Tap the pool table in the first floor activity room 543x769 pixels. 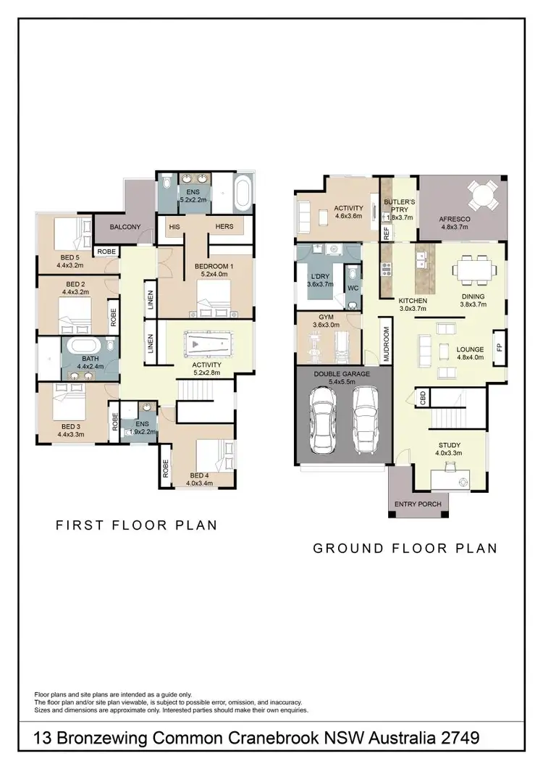coord(205,343)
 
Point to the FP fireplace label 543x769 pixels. coord(499,346)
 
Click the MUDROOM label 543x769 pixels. coord(386,344)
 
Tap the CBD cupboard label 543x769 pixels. coord(422,398)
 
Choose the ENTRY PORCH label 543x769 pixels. coord(418,504)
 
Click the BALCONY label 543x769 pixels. coord(125,227)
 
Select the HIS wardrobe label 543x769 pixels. coord(174,227)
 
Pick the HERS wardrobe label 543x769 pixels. coord(224,227)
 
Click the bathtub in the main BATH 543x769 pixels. coord(81,351)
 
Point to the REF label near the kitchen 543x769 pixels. coord(386,233)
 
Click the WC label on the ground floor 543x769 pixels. coord(354,288)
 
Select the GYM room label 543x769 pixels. coord(324,317)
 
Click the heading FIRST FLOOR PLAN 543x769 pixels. coord(136,525)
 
